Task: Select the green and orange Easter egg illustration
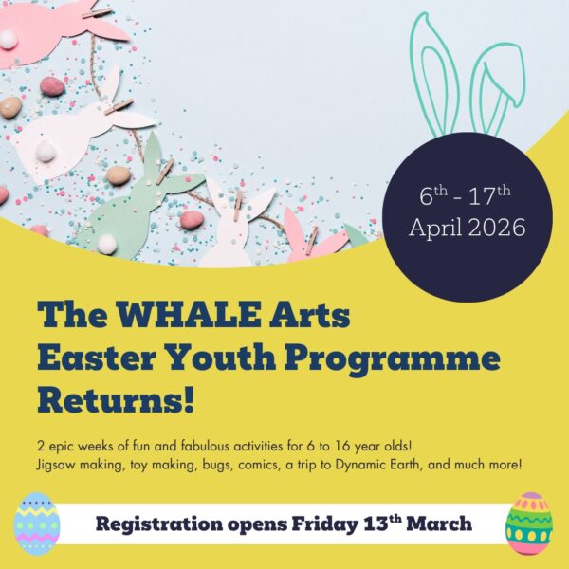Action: [x=528, y=523]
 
